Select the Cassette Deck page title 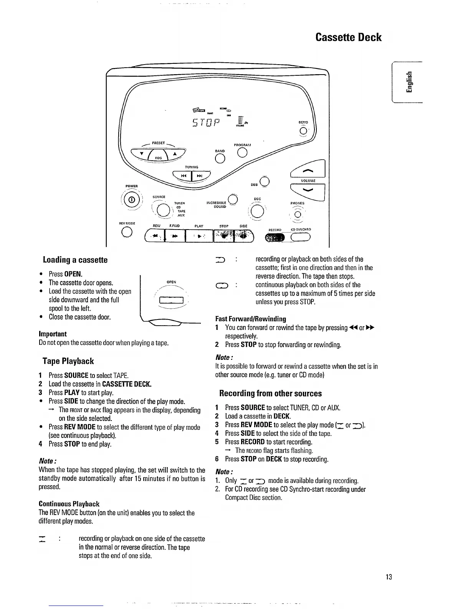(348, 37)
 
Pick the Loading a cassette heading (75, 260)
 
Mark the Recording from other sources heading (270, 393)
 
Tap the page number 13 (389, 577)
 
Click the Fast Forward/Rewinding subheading (250, 319)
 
